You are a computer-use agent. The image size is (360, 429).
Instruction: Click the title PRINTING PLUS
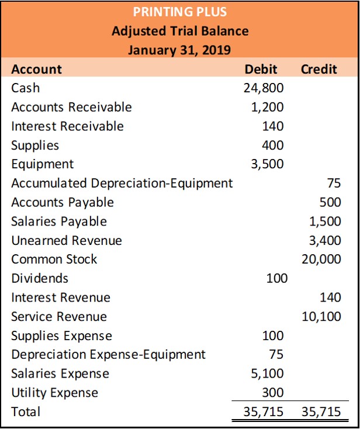[x=180, y=12]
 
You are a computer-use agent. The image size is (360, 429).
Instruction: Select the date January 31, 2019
[x=180, y=50]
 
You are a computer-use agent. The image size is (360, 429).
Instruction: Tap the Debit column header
[x=261, y=69]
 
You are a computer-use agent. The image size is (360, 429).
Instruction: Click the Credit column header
[x=319, y=69]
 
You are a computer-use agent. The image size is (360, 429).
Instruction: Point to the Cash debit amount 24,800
[x=264, y=88]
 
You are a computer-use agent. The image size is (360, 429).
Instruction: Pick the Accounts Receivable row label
[x=71, y=107]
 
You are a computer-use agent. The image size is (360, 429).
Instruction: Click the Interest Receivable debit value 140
[x=273, y=126]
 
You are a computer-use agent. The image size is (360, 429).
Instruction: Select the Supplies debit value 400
[x=273, y=145]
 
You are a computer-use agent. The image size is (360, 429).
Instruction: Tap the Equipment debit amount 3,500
[x=267, y=164]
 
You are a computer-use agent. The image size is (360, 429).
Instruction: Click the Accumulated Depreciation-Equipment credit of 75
[x=334, y=183]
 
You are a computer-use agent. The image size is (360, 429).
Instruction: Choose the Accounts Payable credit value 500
[x=330, y=202]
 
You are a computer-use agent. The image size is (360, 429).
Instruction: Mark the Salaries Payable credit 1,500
[x=325, y=221]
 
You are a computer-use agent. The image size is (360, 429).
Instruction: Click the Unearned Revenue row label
[x=67, y=240]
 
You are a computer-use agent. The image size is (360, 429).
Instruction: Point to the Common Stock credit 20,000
[x=321, y=259]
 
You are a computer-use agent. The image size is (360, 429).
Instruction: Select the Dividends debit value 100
[x=276, y=278]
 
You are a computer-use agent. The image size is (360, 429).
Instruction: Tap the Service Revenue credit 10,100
[x=321, y=316]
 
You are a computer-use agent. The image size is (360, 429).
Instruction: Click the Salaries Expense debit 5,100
[x=267, y=373]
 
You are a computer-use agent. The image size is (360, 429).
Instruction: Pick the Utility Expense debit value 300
[x=273, y=392]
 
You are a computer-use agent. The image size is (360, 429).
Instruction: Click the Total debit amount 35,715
[x=264, y=411]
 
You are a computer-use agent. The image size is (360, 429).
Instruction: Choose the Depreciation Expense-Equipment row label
[x=109, y=354]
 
